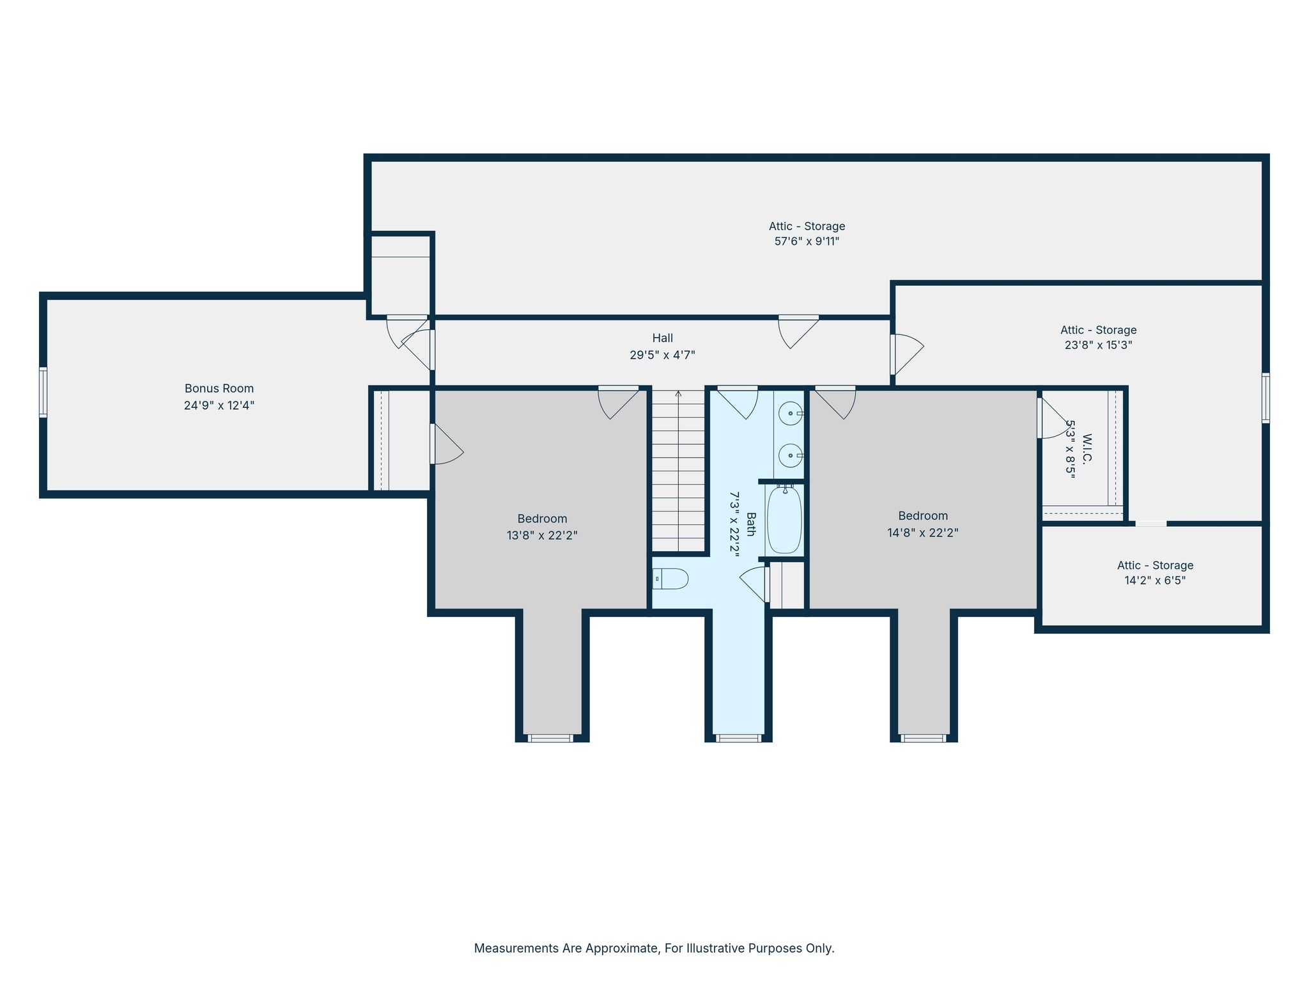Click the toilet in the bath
[x=670, y=579]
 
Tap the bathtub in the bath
[x=784, y=518]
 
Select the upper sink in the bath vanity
[x=791, y=414]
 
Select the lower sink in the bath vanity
[x=791, y=455]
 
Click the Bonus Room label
[x=219, y=388]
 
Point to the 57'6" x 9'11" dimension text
[x=807, y=242]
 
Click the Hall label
[x=662, y=338]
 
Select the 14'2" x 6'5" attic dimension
[x=1155, y=581]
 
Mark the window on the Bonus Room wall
[x=43, y=392]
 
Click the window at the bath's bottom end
[x=738, y=738]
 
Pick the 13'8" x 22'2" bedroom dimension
[x=542, y=535]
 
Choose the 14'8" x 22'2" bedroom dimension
[x=922, y=533]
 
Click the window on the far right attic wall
[x=1266, y=398]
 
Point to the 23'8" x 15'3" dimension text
[x=1098, y=345]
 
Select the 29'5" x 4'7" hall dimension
[x=662, y=355]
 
